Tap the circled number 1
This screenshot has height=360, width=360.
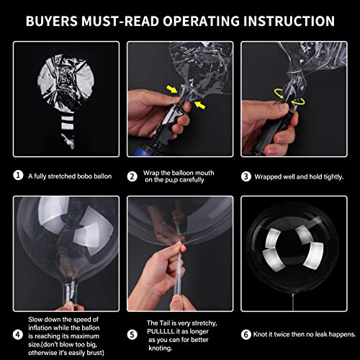coord(18,175)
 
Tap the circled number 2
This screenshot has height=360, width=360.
coord(132,175)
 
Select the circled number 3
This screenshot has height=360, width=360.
coord(247,175)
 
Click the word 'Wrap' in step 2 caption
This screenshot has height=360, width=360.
coord(153,171)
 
